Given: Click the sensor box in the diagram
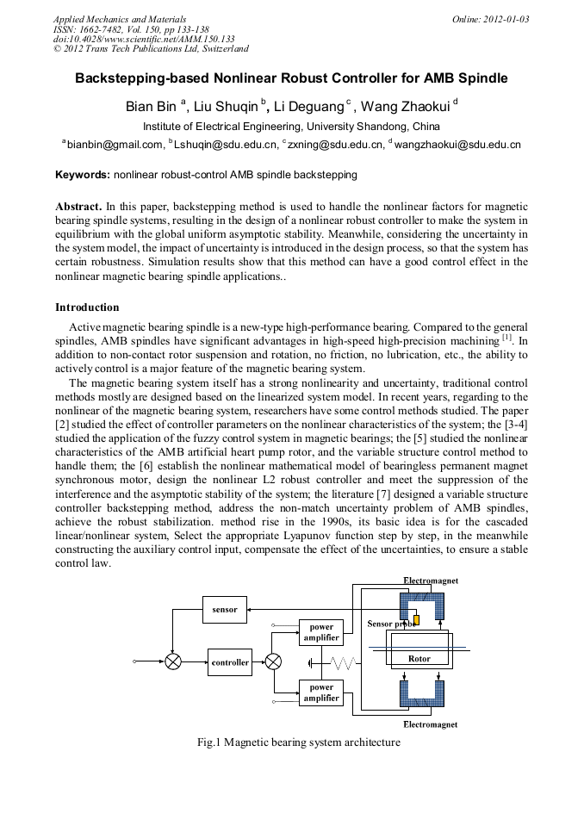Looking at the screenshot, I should coord(225,610).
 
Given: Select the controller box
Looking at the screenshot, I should coord(230,662).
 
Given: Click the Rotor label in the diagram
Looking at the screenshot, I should coord(419,659).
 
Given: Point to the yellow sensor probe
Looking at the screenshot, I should coord(416,621).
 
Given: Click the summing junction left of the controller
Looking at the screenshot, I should coord(173,662).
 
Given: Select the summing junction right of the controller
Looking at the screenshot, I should coord(273,662).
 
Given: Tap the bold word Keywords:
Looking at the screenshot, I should coord(83,175).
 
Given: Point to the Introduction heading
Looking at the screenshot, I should coord(87,307).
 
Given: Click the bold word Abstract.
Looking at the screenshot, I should coord(78,208).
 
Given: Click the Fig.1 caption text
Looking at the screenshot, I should coord(298,742).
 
